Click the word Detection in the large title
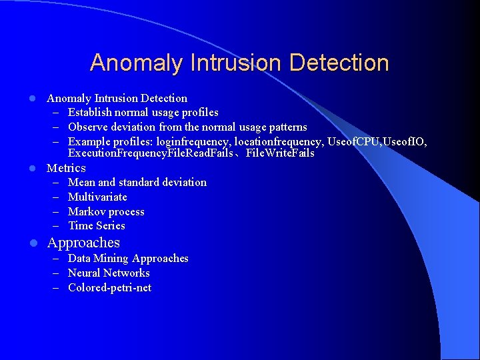339,63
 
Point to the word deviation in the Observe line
135,127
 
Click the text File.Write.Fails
280,153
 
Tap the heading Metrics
66,168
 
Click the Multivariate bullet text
97,197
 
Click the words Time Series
97,225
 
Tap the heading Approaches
83,243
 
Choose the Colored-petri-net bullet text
109,287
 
